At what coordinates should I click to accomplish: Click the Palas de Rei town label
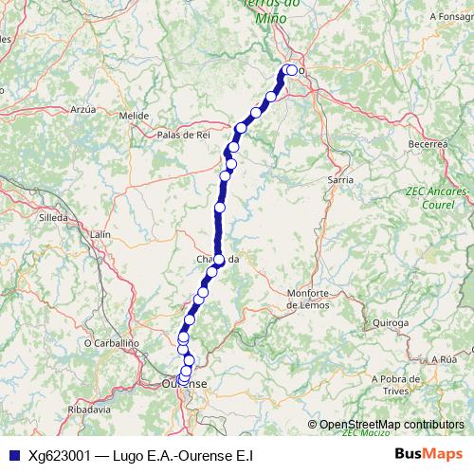(x=183, y=135)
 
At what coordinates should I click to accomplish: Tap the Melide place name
(x=134, y=116)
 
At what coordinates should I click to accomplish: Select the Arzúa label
(x=84, y=110)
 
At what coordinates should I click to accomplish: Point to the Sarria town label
(x=339, y=178)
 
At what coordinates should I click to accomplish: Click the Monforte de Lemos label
(x=308, y=299)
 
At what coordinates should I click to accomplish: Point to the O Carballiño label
(x=112, y=342)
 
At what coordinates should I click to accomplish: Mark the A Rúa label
(x=443, y=360)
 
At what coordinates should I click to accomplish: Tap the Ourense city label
(x=184, y=384)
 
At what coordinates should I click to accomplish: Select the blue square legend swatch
(x=10, y=455)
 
